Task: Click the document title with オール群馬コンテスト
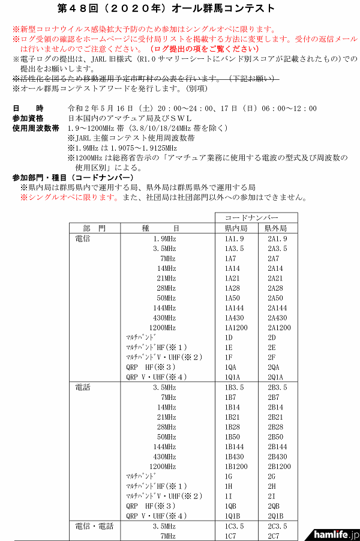tap(180, 8)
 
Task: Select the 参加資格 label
tap(28, 118)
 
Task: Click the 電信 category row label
tap(83, 238)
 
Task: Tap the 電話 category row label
tap(83, 387)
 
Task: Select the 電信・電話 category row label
tap(94, 526)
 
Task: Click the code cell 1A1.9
tap(235, 238)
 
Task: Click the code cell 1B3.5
tap(235, 387)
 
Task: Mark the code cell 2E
tap(272, 347)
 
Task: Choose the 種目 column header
tap(169, 228)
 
